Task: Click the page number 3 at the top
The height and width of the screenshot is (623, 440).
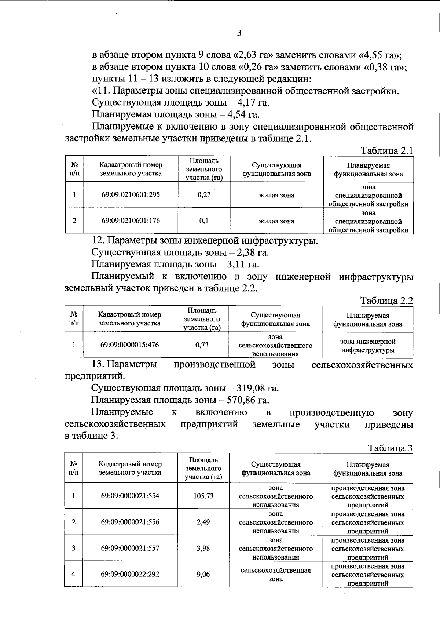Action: (239, 33)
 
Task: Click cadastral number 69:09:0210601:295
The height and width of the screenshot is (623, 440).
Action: (131, 195)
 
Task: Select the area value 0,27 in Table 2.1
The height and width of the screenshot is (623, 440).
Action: (204, 195)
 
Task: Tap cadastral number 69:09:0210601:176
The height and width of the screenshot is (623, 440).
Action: (131, 221)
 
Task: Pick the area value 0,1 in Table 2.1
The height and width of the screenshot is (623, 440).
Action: (204, 221)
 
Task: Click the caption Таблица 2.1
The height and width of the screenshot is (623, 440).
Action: (387, 151)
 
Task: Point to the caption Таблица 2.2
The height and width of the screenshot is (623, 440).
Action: (387, 301)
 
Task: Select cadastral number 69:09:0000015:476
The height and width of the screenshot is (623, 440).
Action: (129, 345)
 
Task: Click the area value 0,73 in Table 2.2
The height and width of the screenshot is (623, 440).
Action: (202, 345)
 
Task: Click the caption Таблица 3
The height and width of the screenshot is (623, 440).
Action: (390, 448)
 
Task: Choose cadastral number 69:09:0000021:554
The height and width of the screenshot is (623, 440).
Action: (130, 496)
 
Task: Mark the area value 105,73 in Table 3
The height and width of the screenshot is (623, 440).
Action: (203, 496)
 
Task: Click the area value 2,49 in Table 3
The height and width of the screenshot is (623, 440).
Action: (203, 522)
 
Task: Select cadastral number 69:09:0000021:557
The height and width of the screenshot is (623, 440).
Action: (130, 548)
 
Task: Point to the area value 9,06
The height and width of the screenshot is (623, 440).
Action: (203, 574)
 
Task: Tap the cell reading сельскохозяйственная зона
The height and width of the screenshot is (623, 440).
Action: (276, 575)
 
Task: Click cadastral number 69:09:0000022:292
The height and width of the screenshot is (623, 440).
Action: (130, 574)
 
